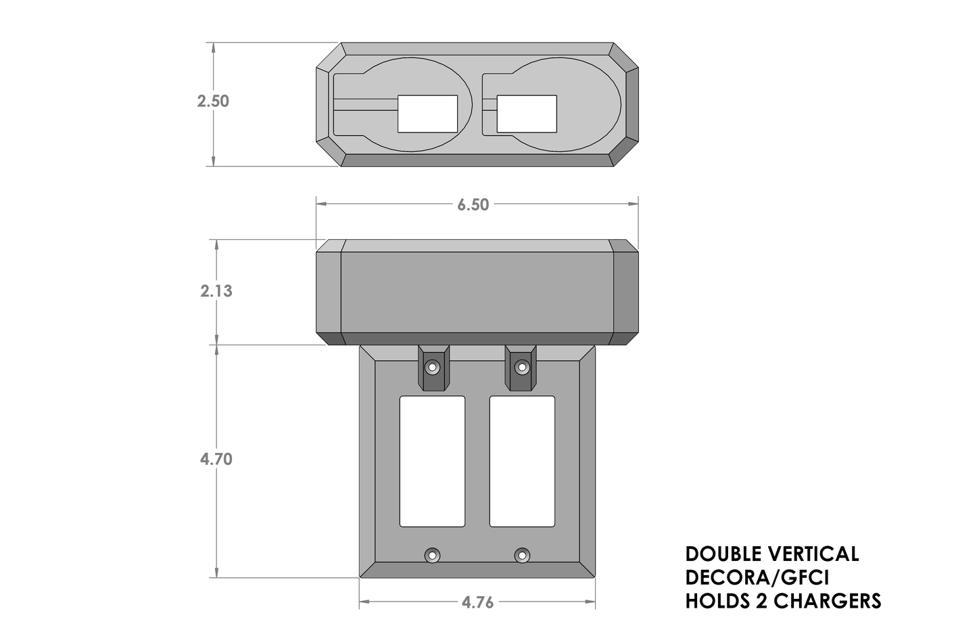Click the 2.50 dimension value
click(213, 101)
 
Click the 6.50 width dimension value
click(473, 205)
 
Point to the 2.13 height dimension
click(216, 291)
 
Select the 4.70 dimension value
click(216, 459)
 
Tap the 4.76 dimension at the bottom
click(477, 602)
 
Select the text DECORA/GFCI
click(757, 577)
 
